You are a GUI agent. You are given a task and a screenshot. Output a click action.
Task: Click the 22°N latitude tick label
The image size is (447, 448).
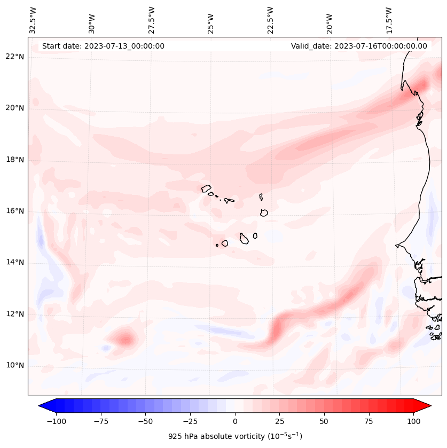(x=15, y=57)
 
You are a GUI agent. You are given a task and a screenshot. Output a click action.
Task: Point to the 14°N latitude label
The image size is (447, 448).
(x=15, y=262)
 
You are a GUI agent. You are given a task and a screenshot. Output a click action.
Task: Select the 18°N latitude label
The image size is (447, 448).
(x=15, y=160)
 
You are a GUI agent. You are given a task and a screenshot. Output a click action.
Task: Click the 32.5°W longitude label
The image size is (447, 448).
(x=33, y=20)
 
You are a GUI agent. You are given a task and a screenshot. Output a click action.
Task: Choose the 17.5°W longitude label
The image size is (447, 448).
(x=389, y=20)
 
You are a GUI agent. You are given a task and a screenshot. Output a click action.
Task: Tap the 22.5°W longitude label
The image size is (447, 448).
(x=270, y=20)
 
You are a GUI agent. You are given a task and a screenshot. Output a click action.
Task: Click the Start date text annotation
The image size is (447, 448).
(x=103, y=46)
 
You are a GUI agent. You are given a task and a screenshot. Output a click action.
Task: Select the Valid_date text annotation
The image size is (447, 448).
(x=359, y=46)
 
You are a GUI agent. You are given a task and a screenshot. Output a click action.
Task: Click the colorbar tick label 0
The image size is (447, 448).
(x=235, y=421)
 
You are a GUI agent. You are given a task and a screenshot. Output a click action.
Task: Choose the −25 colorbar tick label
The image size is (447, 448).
(x=190, y=421)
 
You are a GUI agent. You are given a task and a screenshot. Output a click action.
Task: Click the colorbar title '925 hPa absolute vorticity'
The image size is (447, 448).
(x=235, y=436)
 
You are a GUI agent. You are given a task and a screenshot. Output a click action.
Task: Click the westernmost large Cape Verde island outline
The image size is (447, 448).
(x=206, y=188)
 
